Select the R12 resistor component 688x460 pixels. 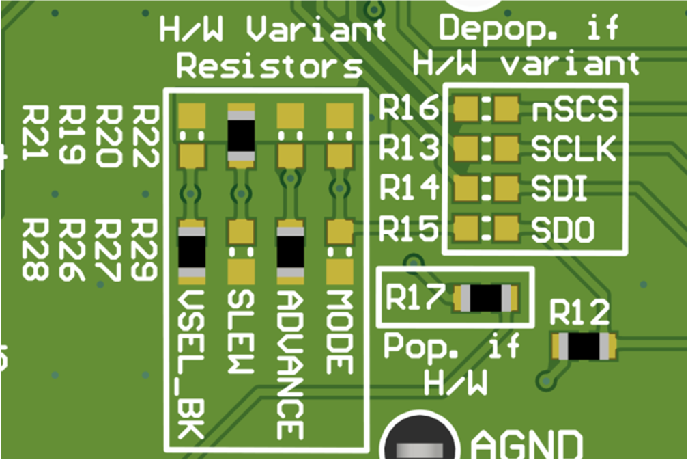pyautogui.click(x=584, y=347)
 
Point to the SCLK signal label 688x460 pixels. pyautogui.click(x=574, y=149)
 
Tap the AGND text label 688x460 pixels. pyautogui.click(x=526, y=444)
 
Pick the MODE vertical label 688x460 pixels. pyautogui.click(x=339, y=332)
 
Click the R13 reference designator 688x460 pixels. pyautogui.click(x=407, y=149)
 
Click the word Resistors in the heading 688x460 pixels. pyautogui.click(x=269, y=67)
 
